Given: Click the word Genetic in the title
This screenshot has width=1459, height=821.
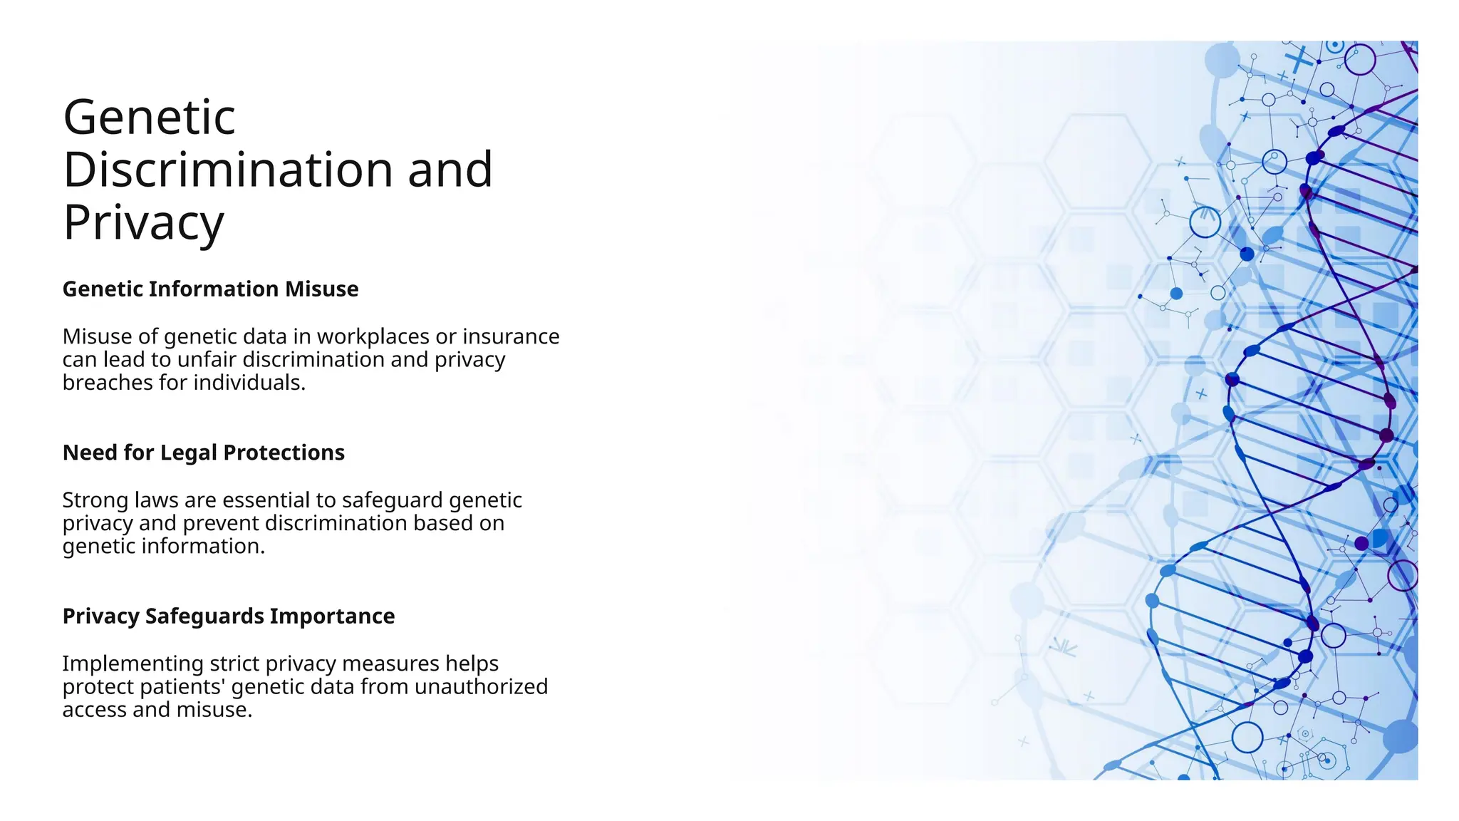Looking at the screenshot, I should pyautogui.click(x=149, y=118).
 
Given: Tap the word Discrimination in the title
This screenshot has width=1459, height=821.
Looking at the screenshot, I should pyautogui.click(x=227, y=170).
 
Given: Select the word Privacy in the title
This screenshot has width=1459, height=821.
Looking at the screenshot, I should pyautogui.click(x=143, y=223).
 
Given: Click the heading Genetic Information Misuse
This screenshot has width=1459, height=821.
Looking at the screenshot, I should pyautogui.click(x=210, y=289).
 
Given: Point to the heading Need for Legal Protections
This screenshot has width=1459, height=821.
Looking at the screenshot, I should pyautogui.click(x=203, y=453).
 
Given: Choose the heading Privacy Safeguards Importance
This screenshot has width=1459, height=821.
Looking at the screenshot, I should pyautogui.click(x=228, y=616).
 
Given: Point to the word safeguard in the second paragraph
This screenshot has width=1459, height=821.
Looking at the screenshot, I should pyautogui.click(x=393, y=500).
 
